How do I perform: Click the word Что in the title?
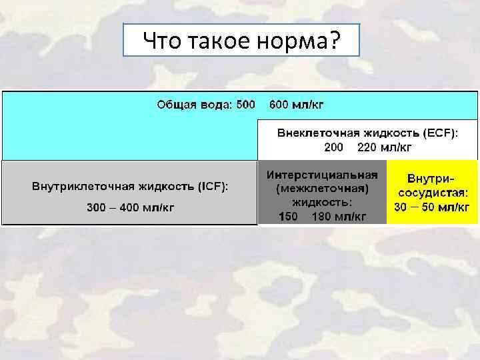pyautogui.click(x=160, y=42)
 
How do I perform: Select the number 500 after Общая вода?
pyautogui.click(x=245, y=105)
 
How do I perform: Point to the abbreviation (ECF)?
pyautogui.click(x=440, y=133)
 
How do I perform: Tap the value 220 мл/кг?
pyautogui.click(x=385, y=147)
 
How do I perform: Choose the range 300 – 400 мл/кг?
pyautogui.click(x=131, y=207)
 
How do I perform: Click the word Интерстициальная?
pyautogui.click(x=322, y=175)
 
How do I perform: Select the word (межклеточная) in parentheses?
pyautogui.click(x=322, y=189)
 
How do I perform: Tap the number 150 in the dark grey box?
pyautogui.click(x=289, y=216)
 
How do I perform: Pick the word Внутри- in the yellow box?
pyautogui.click(x=431, y=179)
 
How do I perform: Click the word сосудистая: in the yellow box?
pyautogui.click(x=431, y=193)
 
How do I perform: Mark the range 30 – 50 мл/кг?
pyautogui.click(x=431, y=207)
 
